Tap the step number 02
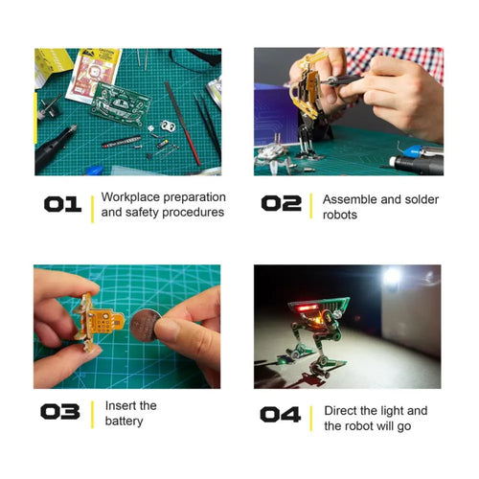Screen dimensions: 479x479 coord(281,204)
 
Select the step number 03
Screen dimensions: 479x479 coord(59,413)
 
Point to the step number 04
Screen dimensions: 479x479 coord(280,414)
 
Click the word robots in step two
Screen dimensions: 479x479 coord(339,215)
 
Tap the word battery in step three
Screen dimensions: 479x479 coord(124,422)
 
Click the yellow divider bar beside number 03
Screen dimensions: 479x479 coord(92,414)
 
